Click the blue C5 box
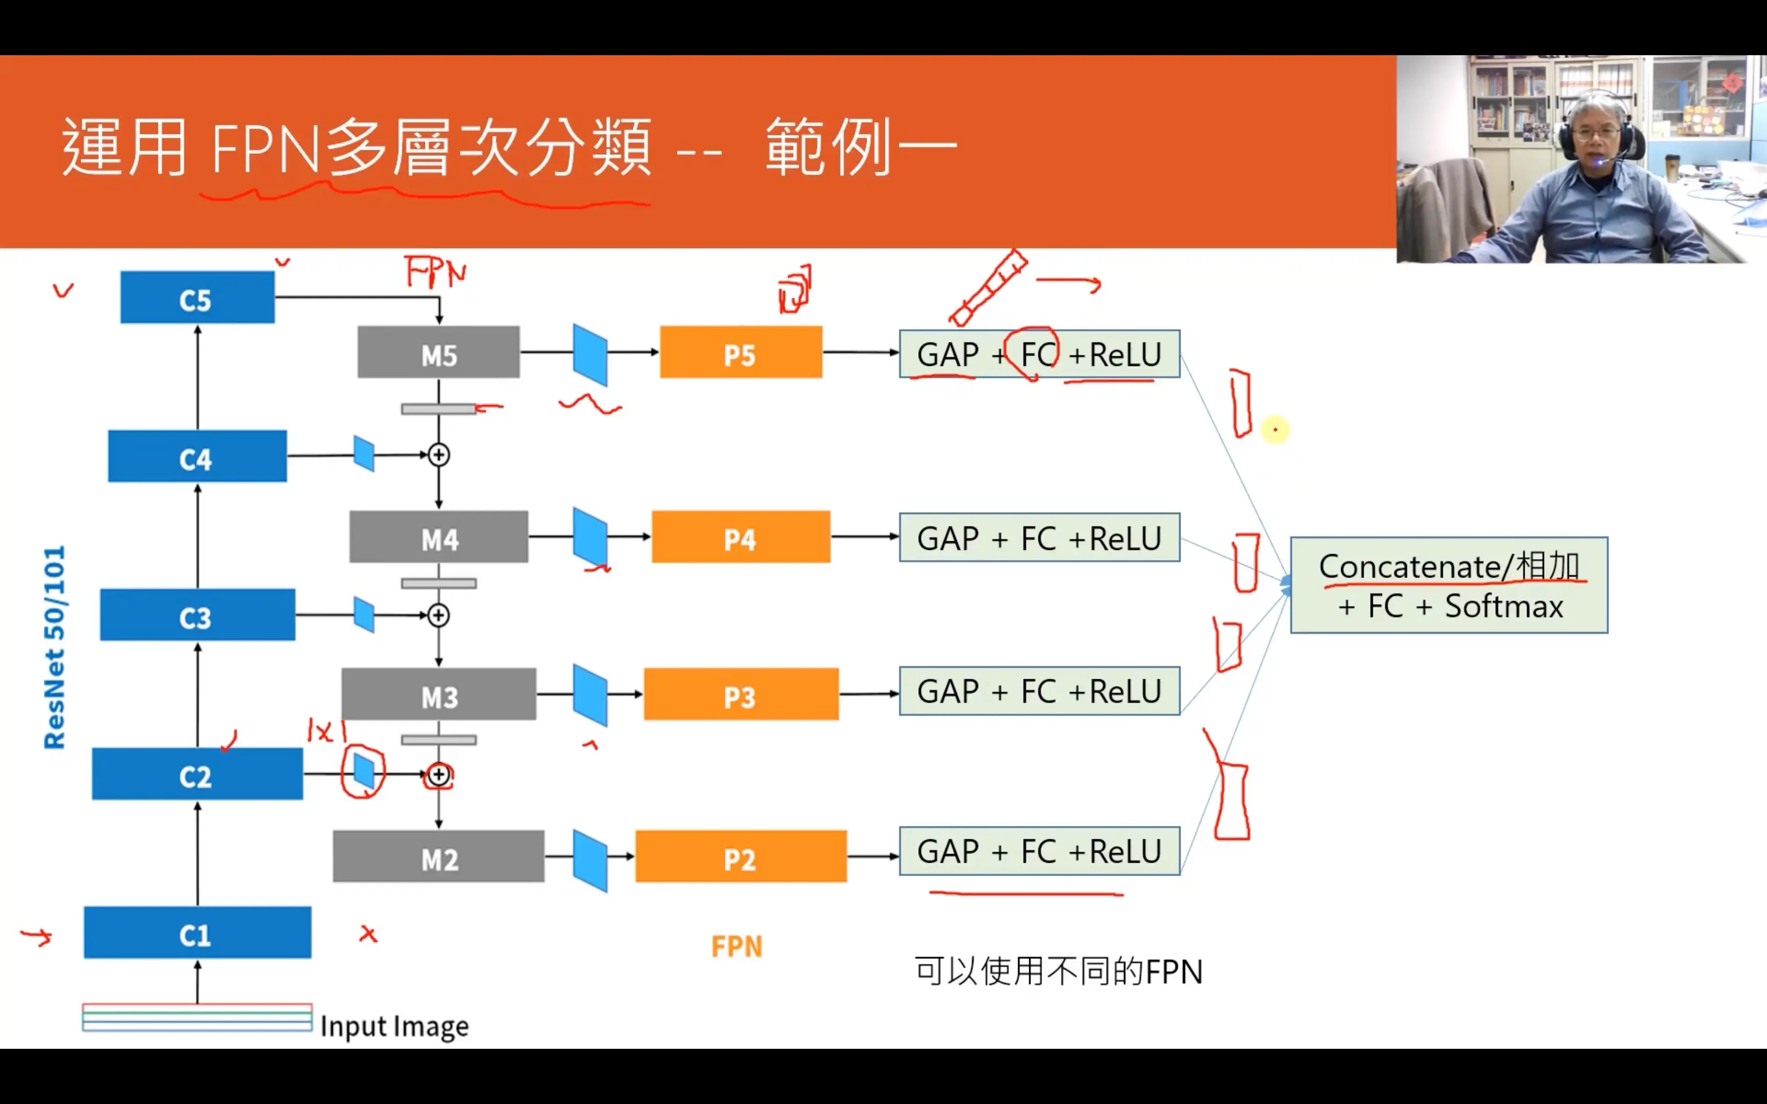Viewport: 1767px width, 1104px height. coord(197,297)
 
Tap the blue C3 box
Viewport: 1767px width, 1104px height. coord(197,615)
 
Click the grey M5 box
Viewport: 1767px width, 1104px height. coord(438,352)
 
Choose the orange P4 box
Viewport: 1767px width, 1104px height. coord(740,537)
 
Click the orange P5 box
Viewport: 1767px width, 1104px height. coord(740,352)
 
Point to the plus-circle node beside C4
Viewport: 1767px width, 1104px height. coord(438,455)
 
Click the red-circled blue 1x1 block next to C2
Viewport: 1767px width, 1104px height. coord(364,771)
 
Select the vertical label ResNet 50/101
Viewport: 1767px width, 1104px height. coord(55,647)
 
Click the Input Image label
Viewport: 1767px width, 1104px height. coord(394,1026)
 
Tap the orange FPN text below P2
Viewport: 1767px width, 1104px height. coord(737,947)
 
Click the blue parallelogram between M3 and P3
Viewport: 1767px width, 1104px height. coord(590,695)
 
